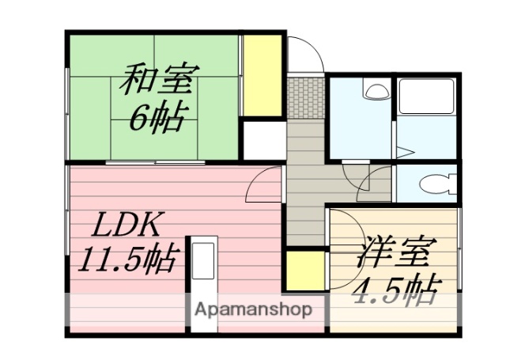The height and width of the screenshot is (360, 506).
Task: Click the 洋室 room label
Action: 392,256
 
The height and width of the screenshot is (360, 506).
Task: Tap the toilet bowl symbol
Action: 434,185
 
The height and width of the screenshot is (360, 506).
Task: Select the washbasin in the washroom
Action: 376,90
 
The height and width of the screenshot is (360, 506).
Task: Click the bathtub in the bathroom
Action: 425,96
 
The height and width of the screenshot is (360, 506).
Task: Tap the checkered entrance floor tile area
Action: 304,97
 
